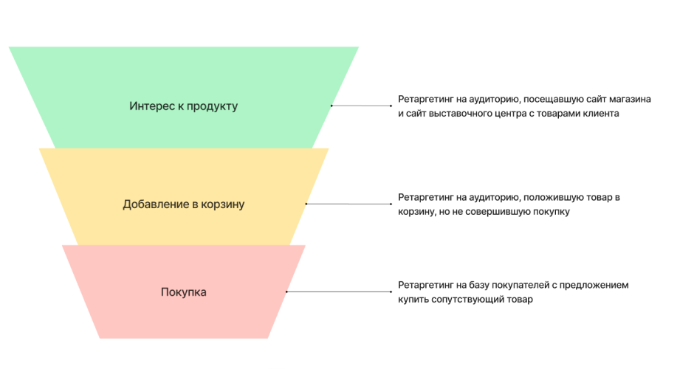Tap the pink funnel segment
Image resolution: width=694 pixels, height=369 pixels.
(x=185, y=317)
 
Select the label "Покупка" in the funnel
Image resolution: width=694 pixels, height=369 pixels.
(x=184, y=292)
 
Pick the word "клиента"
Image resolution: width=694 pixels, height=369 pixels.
(x=599, y=114)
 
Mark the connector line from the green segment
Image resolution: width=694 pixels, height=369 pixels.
(x=362, y=106)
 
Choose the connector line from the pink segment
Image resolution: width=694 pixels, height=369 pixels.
(x=339, y=292)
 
